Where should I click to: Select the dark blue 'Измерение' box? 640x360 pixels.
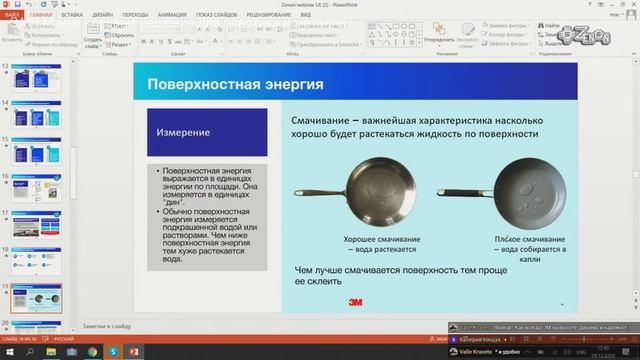click(x=200, y=132)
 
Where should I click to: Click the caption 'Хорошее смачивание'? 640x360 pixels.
click(x=381, y=241)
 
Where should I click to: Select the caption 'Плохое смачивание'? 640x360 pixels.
click(x=535, y=241)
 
